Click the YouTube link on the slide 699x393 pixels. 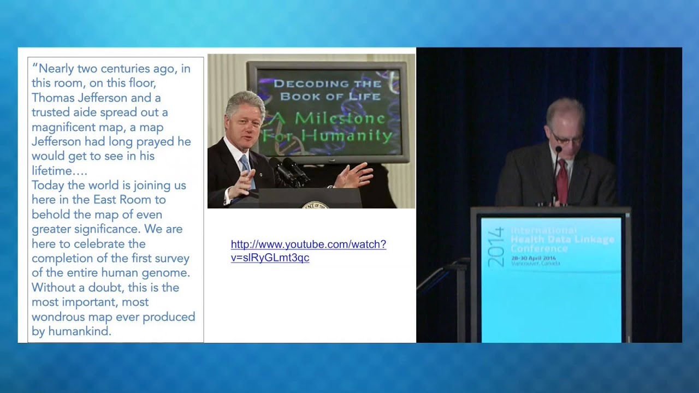click(x=308, y=251)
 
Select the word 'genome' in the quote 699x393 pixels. click(x=169, y=272)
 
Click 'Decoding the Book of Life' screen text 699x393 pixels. click(x=328, y=90)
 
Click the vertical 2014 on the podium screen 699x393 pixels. click(x=496, y=247)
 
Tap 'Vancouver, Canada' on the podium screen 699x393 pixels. click(x=535, y=264)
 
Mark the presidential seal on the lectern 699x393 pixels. click(x=315, y=205)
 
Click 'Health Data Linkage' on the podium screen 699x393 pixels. click(x=562, y=240)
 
